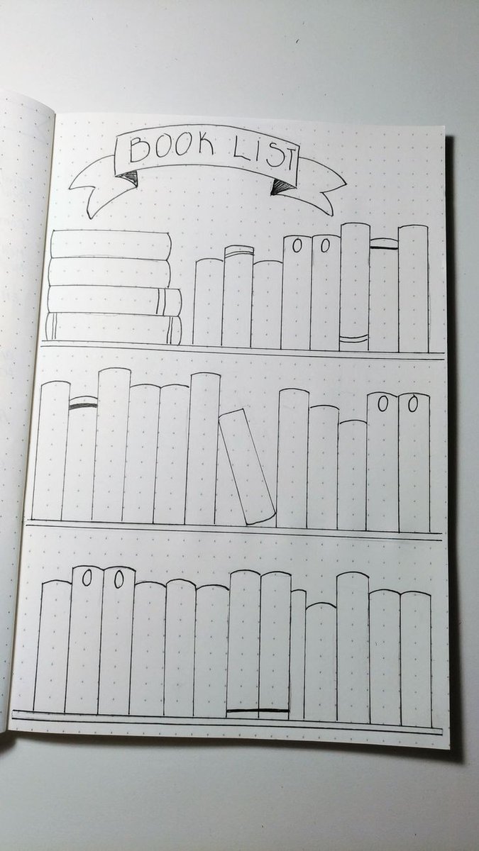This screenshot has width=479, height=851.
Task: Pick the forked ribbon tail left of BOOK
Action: [x=94, y=189]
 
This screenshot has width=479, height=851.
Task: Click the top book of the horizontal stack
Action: [x=111, y=244]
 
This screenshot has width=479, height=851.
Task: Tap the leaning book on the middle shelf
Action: [x=247, y=467]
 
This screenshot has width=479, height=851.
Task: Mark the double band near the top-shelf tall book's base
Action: [x=354, y=338]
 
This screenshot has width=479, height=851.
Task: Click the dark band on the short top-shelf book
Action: [x=385, y=247]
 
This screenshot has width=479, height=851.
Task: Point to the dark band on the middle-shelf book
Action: [x=83, y=406]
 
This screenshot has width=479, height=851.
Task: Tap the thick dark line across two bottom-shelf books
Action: [x=258, y=710]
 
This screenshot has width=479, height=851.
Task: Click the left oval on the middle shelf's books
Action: [x=383, y=404]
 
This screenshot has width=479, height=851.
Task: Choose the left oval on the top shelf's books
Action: [x=297, y=245]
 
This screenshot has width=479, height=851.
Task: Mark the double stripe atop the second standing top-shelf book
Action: [x=238, y=252]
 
